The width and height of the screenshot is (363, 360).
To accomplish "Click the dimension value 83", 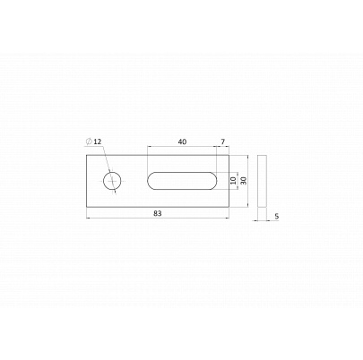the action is [158, 213].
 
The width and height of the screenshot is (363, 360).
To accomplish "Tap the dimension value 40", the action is [182, 141].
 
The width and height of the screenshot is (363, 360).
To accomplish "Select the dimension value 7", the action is [223, 141].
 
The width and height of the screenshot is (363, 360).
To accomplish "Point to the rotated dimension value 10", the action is [233, 181].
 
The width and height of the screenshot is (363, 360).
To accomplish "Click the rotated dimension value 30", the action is [244, 181].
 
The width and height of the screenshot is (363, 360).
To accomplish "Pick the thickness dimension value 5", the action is [277, 216].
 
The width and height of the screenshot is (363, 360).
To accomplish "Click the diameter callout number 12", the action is [98, 141].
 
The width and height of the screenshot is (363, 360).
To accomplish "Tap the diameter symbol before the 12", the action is [89, 141].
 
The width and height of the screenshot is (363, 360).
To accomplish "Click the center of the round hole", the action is [112, 181].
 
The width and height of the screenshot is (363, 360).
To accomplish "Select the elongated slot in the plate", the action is [181, 181].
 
